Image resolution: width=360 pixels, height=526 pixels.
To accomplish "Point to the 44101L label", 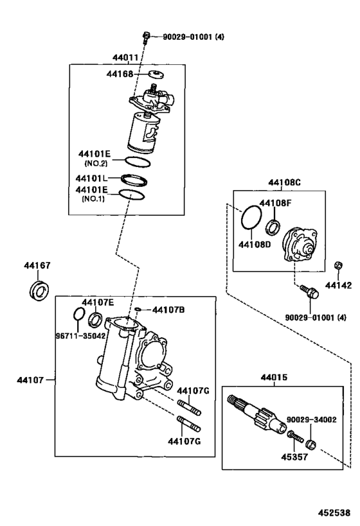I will pos(91,179).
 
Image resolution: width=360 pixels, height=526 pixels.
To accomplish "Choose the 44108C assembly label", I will pos(285,182).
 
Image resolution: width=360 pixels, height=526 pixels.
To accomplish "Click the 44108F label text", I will pos(274,204).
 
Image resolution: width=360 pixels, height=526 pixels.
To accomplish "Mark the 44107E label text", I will pos(97,302).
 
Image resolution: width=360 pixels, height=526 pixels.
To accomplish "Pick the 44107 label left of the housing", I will pos(30,380).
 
